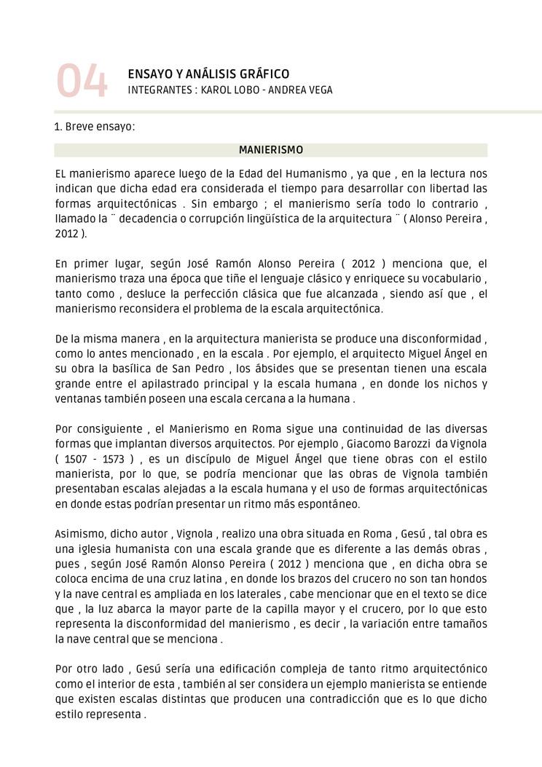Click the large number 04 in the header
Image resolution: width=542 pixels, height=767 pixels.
(x=82, y=82)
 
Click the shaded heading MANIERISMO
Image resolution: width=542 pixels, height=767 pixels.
(x=271, y=150)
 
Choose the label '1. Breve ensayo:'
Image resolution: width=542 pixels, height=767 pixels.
(x=95, y=127)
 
